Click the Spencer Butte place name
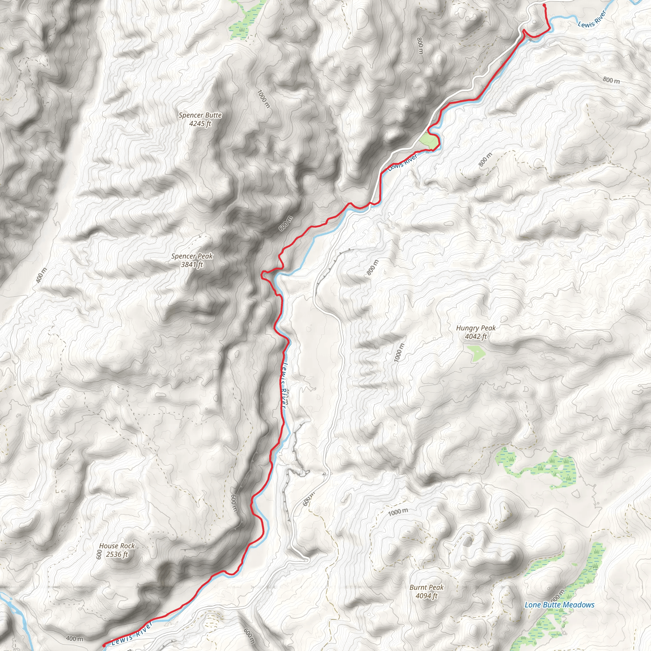tap(200, 115)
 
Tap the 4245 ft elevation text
tap(200, 124)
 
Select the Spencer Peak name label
tap(192, 256)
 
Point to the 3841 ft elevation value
tap(192, 264)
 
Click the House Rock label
tap(117, 545)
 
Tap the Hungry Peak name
tap(476, 328)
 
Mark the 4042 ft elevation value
tap(476, 336)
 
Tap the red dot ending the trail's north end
tap(544, 5)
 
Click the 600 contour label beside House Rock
tap(99, 554)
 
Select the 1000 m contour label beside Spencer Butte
tap(264, 99)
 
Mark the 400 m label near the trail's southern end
tap(74, 639)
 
